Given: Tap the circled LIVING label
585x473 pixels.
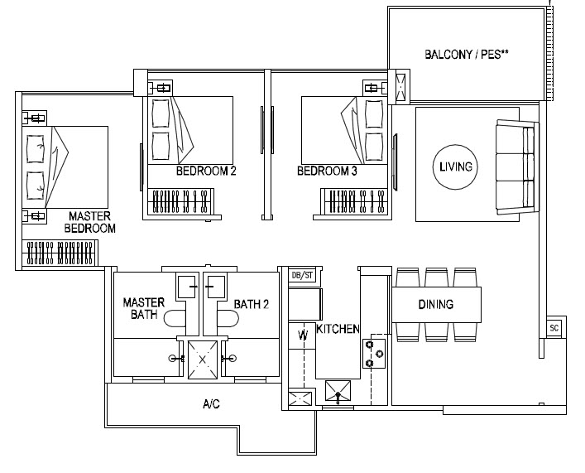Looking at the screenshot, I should (455, 167).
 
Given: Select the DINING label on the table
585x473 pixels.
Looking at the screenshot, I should (435, 305).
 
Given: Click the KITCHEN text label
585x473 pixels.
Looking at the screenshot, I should (338, 329).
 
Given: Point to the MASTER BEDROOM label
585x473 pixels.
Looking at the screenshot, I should (91, 222).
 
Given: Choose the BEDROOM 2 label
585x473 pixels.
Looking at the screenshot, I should (206, 172).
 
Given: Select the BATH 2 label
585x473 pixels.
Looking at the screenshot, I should (251, 304).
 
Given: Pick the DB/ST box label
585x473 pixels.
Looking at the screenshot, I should (302, 275).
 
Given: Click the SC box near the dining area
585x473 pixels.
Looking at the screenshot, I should (554, 327).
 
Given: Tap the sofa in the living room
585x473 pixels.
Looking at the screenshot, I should (515, 166).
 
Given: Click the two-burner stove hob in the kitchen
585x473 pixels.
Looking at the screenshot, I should (374, 353).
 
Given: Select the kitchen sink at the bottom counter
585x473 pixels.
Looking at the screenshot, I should (339, 390).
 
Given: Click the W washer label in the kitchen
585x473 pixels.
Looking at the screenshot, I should (303, 335).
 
